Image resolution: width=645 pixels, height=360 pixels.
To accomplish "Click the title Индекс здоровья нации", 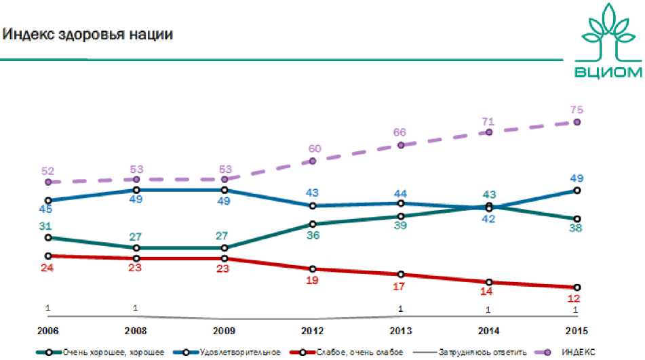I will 89,33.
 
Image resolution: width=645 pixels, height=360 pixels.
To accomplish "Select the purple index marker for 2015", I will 577,122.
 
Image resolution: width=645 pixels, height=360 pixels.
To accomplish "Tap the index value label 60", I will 313,148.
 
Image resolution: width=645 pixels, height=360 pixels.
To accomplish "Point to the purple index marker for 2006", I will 48,182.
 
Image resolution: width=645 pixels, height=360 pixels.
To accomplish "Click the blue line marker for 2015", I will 577,191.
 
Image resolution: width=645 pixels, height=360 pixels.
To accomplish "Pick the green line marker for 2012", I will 313,224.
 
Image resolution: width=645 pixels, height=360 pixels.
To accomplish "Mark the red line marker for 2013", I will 401,275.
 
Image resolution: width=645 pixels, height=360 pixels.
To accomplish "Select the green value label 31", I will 47,226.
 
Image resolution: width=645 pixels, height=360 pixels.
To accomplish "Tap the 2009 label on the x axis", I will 224,330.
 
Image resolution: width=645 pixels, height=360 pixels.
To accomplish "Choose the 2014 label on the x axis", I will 488,330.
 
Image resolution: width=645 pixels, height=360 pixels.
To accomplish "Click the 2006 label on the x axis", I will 48,330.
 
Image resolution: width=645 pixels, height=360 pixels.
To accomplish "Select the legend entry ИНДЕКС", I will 577,352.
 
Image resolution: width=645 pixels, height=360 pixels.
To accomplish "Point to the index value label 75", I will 577,109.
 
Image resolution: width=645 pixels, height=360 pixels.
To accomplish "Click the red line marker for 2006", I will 48,256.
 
